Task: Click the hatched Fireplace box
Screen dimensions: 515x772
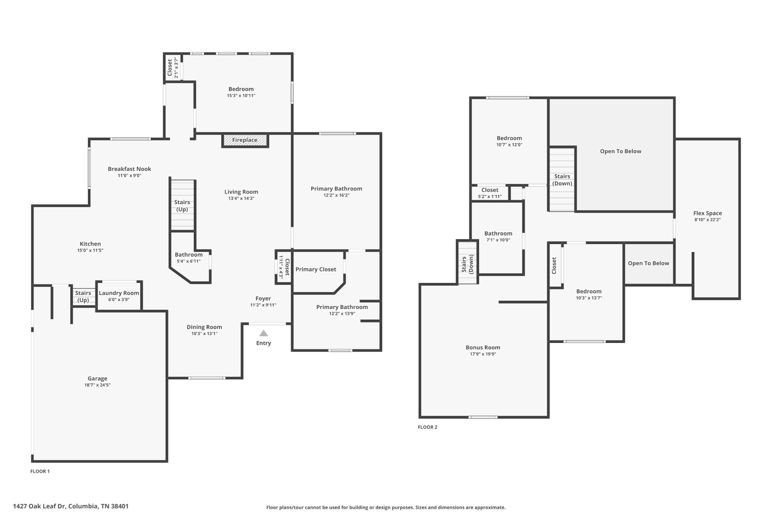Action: coord(245,140)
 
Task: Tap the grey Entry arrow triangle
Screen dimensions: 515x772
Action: coord(263,334)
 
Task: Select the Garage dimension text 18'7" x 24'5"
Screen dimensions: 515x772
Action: coord(97,385)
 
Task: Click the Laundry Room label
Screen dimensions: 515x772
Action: coord(119,293)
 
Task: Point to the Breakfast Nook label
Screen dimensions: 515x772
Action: coord(129,169)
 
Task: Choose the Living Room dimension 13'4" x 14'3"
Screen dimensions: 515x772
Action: coord(241,198)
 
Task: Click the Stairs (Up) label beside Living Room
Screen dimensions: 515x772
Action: coord(182,206)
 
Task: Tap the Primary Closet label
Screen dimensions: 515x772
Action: coord(316,269)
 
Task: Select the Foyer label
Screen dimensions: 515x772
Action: coord(263,299)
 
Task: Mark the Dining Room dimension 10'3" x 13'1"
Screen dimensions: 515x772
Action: coord(204,334)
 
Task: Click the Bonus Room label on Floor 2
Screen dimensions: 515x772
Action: coord(483,347)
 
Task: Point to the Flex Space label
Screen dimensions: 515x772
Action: coord(708,213)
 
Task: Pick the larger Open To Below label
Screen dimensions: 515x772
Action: coord(620,151)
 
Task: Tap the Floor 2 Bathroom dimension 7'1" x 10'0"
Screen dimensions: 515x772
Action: coord(498,240)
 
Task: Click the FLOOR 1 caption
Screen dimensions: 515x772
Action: coord(40,471)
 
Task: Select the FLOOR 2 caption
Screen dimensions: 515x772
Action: coord(427,427)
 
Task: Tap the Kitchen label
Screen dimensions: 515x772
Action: coord(90,244)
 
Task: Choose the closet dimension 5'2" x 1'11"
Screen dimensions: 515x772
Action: coord(490,197)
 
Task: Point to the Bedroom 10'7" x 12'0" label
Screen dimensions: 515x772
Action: coord(509,138)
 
